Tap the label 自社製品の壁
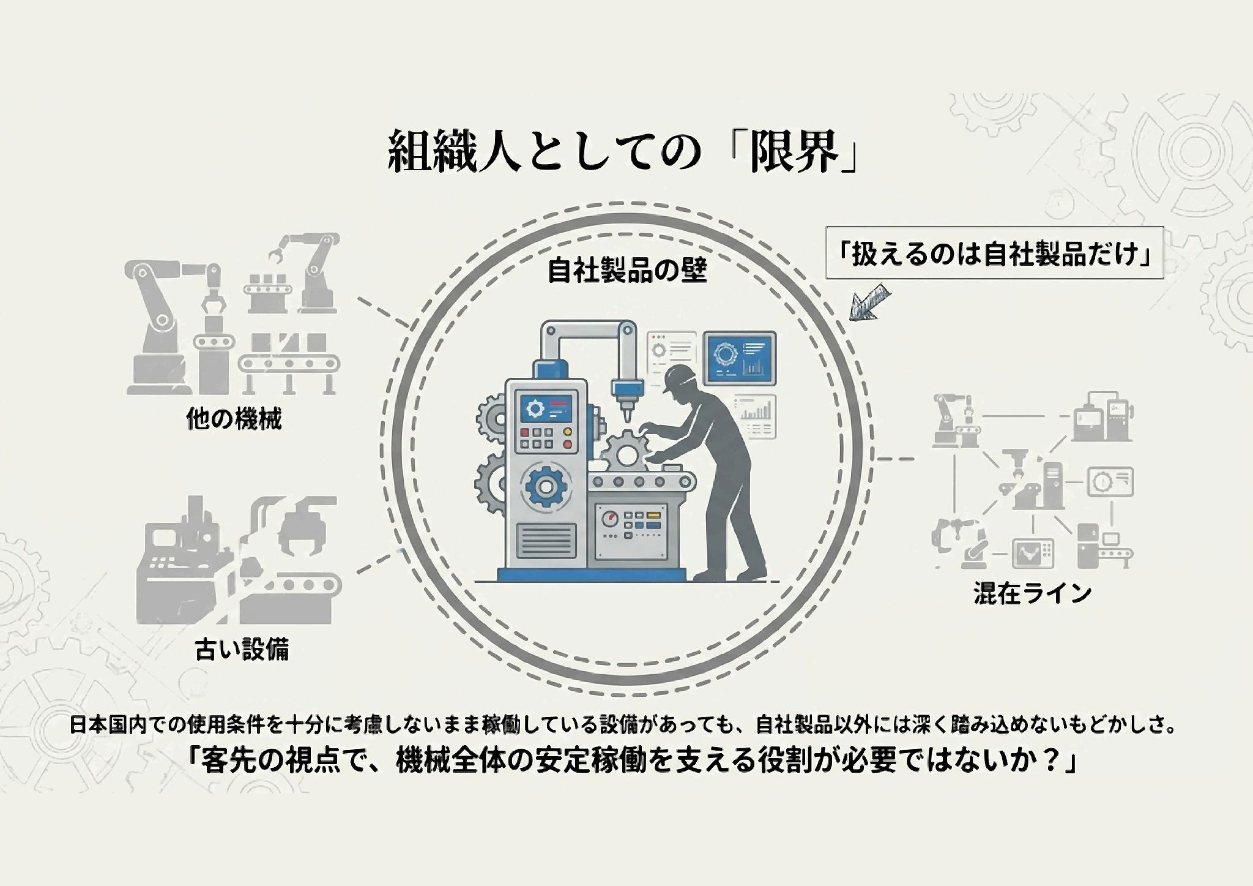(x=626, y=270)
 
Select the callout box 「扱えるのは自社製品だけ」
(x=994, y=253)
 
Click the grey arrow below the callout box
(x=869, y=302)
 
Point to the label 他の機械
(x=234, y=419)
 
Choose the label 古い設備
(x=242, y=648)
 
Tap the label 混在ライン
(x=1032, y=593)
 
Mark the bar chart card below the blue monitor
(x=754, y=416)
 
